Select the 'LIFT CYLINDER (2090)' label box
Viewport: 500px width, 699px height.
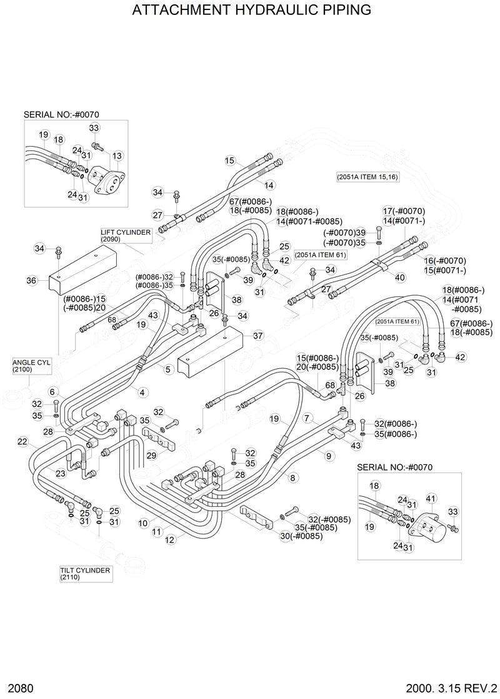pyautogui.click(x=125, y=235)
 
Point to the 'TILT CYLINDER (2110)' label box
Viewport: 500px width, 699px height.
pyautogui.click(x=85, y=574)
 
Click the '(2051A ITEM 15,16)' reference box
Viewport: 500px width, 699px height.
pyautogui.click(x=367, y=177)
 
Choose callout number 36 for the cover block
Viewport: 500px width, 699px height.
pyautogui.click(x=31, y=281)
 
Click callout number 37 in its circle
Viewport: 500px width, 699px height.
pyautogui.click(x=258, y=336)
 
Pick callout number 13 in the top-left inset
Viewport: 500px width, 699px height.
pyautogui.click(x=117, y=155)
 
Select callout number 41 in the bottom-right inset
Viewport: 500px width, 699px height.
pyautogui.click(x=431, y=498)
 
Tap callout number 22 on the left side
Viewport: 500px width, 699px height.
pyautogui.click(x=22, y=442)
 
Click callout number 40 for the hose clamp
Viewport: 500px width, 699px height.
pyautogui.click(x=401, y=277)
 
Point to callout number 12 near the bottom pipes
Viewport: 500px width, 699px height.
pyautogui.click(x=169, y=540)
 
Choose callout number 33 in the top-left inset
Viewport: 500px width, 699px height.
pyautogui.click(x=94, y=128)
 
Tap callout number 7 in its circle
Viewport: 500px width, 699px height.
pyautogui.click(x=307, y=417)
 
